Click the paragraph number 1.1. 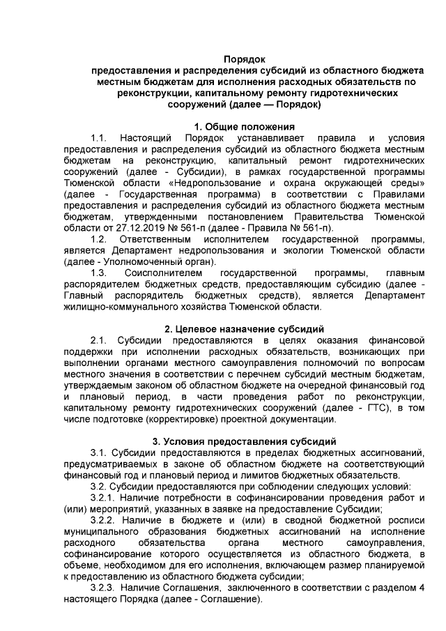98,137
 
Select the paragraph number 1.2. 98,239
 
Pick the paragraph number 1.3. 98,273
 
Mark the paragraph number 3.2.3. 105,587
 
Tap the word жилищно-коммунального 121,307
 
